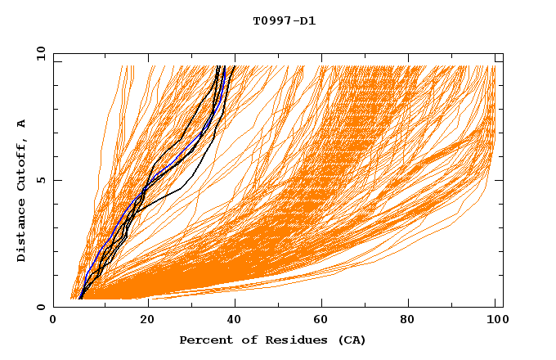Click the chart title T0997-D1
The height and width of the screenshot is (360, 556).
pyautogui.click(x=284, y=21)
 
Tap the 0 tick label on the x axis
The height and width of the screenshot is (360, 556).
pyautogui.click(x=53, y=321)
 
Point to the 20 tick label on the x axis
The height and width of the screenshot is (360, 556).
pyautogui.click(x=142, y=321)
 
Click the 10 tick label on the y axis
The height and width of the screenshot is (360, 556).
pyautogui.click(x=39, y=53)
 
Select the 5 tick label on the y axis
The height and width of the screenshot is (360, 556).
pyautogui.click(x=41, y=180)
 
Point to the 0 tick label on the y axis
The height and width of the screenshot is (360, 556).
pyautogui.click(x=41, y=308)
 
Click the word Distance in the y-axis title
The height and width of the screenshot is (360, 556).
pyautogui.click(x=22, y=232)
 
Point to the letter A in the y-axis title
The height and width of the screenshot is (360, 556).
pyautogui.click(x=22, y=124)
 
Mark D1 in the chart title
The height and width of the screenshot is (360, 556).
pyautogui.click(x=308, y=21)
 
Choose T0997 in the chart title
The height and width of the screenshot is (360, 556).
pyautogui.click(x=271, y=21)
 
